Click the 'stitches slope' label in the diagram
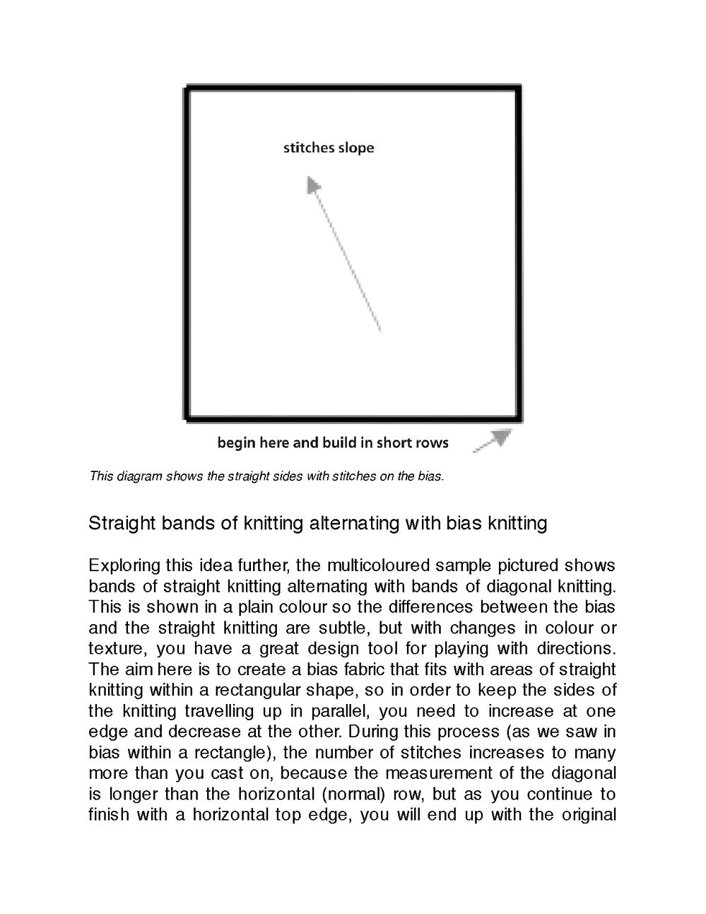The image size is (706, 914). tap(329, 148)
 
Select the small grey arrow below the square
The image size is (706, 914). tap(493, 440)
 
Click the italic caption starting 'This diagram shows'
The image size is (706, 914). tap(266, 476)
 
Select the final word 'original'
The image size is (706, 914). tap(589, 815)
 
